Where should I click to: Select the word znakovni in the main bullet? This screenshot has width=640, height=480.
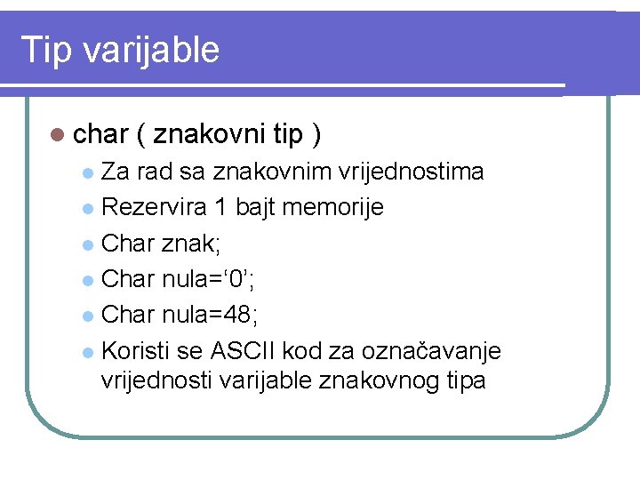coord(209,134)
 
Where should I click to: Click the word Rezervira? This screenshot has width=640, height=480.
coord(155,207)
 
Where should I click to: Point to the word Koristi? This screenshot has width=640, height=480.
coord(135,350)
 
